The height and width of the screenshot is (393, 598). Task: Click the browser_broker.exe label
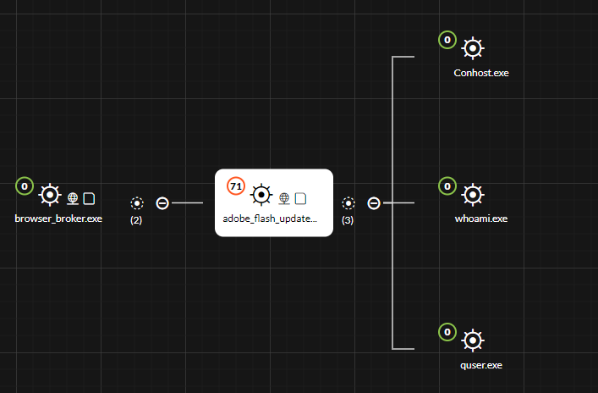[x=58, y=219]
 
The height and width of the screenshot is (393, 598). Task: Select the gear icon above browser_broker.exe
[x=50, y=196]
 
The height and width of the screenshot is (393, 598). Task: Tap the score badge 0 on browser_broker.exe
[x=25, y=185]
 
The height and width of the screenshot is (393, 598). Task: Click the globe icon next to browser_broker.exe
[x=74, y=198]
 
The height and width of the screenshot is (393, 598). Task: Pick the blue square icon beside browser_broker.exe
[x=89, y=198]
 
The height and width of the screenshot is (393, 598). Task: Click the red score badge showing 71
[x=236, y=185]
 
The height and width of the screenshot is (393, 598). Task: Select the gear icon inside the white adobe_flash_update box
[x=261, y=196]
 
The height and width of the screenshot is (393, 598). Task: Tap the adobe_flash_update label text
[x=270, y=219]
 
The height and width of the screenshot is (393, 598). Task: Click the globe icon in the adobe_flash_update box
[x=285, y=198]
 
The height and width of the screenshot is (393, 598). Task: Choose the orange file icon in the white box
[x=300, y=198]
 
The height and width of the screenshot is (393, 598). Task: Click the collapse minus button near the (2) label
[x=162, y=203]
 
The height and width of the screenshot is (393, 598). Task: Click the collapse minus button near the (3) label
[x=374, y=203]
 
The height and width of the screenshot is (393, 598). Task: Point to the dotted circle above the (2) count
[x=137, y=203]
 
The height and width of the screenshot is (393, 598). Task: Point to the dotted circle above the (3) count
[x=348, y=203]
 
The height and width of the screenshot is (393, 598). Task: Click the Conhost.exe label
[x=481, y=73]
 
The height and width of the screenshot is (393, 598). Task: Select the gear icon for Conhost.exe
[x=473, y=48]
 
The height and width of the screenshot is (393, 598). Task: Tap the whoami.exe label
[x=481, y=219]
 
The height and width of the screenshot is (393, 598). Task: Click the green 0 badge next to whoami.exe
[x=447, y=185]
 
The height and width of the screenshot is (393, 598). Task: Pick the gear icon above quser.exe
[x=473, y=340]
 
